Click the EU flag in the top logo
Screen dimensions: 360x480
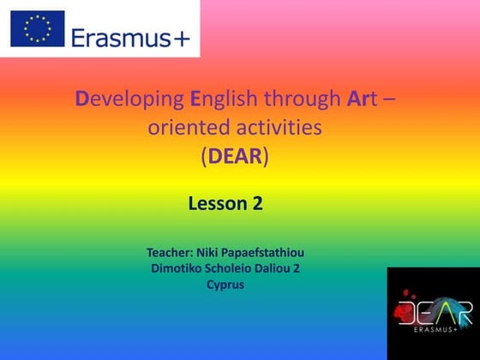pos(37,28)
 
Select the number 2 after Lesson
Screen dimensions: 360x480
pos(257,204)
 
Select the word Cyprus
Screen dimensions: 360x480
pos(225,284)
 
